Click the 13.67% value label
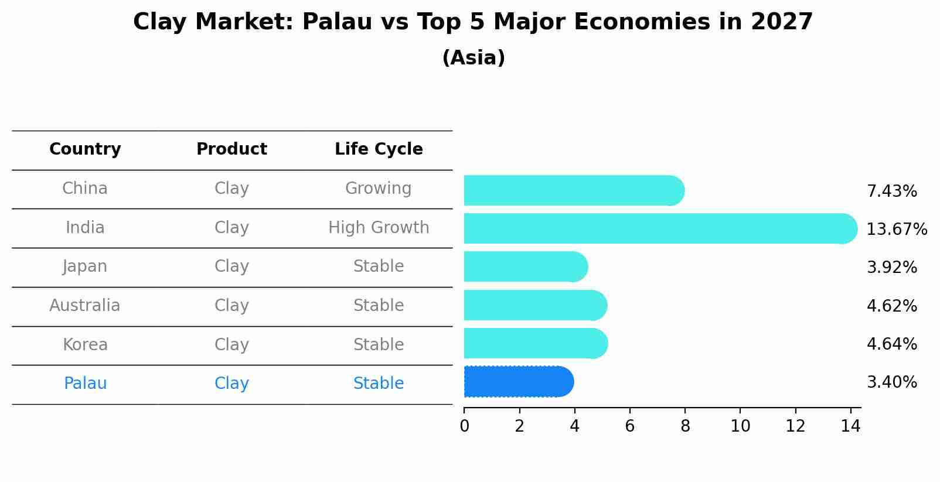[897, 229]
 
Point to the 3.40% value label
[891, 382]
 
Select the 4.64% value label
[891, 344]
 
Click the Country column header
[85, 149]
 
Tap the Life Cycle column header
[379, 149]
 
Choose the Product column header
[231, 149]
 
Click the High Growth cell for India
[379, 227]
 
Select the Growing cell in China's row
[378, 189]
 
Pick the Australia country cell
[85, 306]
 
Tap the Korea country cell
[85, 344]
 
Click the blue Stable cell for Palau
[379, 384]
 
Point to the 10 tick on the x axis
[740, 426]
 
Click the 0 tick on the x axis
[464, 426]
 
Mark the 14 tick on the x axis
[850, 426]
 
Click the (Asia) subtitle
[474, 58]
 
